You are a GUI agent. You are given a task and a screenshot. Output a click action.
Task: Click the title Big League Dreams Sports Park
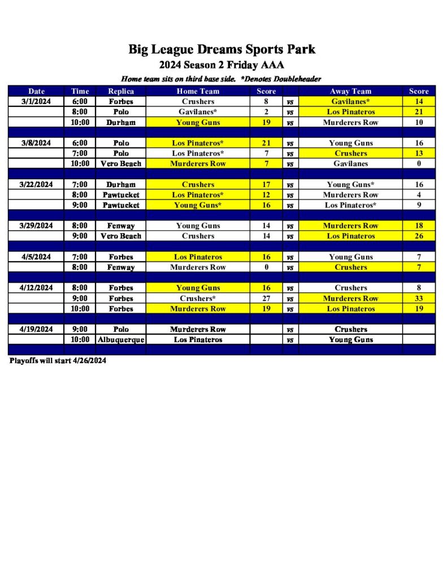point(222,49)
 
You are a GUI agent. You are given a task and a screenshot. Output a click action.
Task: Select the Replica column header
point(121,91)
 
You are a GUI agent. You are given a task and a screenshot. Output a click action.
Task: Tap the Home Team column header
point(198,91)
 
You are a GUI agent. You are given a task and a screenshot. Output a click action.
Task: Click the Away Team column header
point(350,91)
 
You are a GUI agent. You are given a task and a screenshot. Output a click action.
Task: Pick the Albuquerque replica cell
point(121,340)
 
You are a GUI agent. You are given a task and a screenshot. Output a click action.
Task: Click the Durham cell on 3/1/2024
point(121,122)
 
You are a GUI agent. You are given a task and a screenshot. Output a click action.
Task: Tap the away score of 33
point(419,299)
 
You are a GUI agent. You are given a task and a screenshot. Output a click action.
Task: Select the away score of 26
point(419,236)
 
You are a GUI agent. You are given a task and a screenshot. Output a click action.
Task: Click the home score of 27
point(266,299)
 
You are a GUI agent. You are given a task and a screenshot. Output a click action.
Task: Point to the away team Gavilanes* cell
point(350,102)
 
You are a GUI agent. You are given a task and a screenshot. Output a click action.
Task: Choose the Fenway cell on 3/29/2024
point(121,226)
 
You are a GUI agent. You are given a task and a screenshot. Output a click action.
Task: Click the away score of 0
point(419,163)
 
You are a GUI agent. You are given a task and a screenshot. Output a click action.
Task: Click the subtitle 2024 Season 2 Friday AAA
point(222,64)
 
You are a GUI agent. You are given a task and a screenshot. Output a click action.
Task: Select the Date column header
point(37,91)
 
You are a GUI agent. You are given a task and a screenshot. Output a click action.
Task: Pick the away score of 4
point(419,195)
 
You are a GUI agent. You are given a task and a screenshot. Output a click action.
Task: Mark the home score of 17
point(266,184)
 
